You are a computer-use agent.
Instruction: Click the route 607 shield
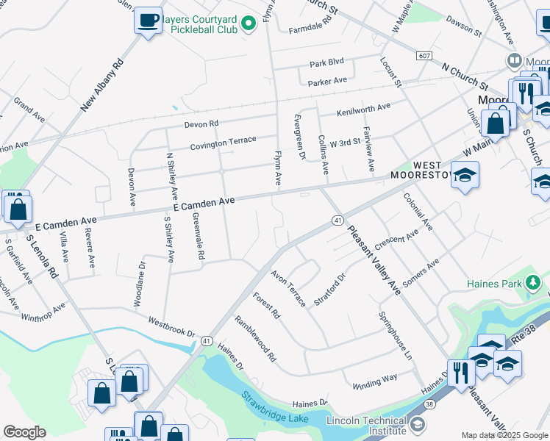click(424, 56)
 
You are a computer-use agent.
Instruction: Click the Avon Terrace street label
click(287, 289)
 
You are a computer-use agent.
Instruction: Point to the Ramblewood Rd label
click(255, 339)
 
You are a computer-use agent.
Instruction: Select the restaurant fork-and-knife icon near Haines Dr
click(460, 371)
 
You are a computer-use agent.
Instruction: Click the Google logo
click(24, 432)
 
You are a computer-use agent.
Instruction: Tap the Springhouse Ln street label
click(394, 335)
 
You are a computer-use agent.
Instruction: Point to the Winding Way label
click(374, 380)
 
